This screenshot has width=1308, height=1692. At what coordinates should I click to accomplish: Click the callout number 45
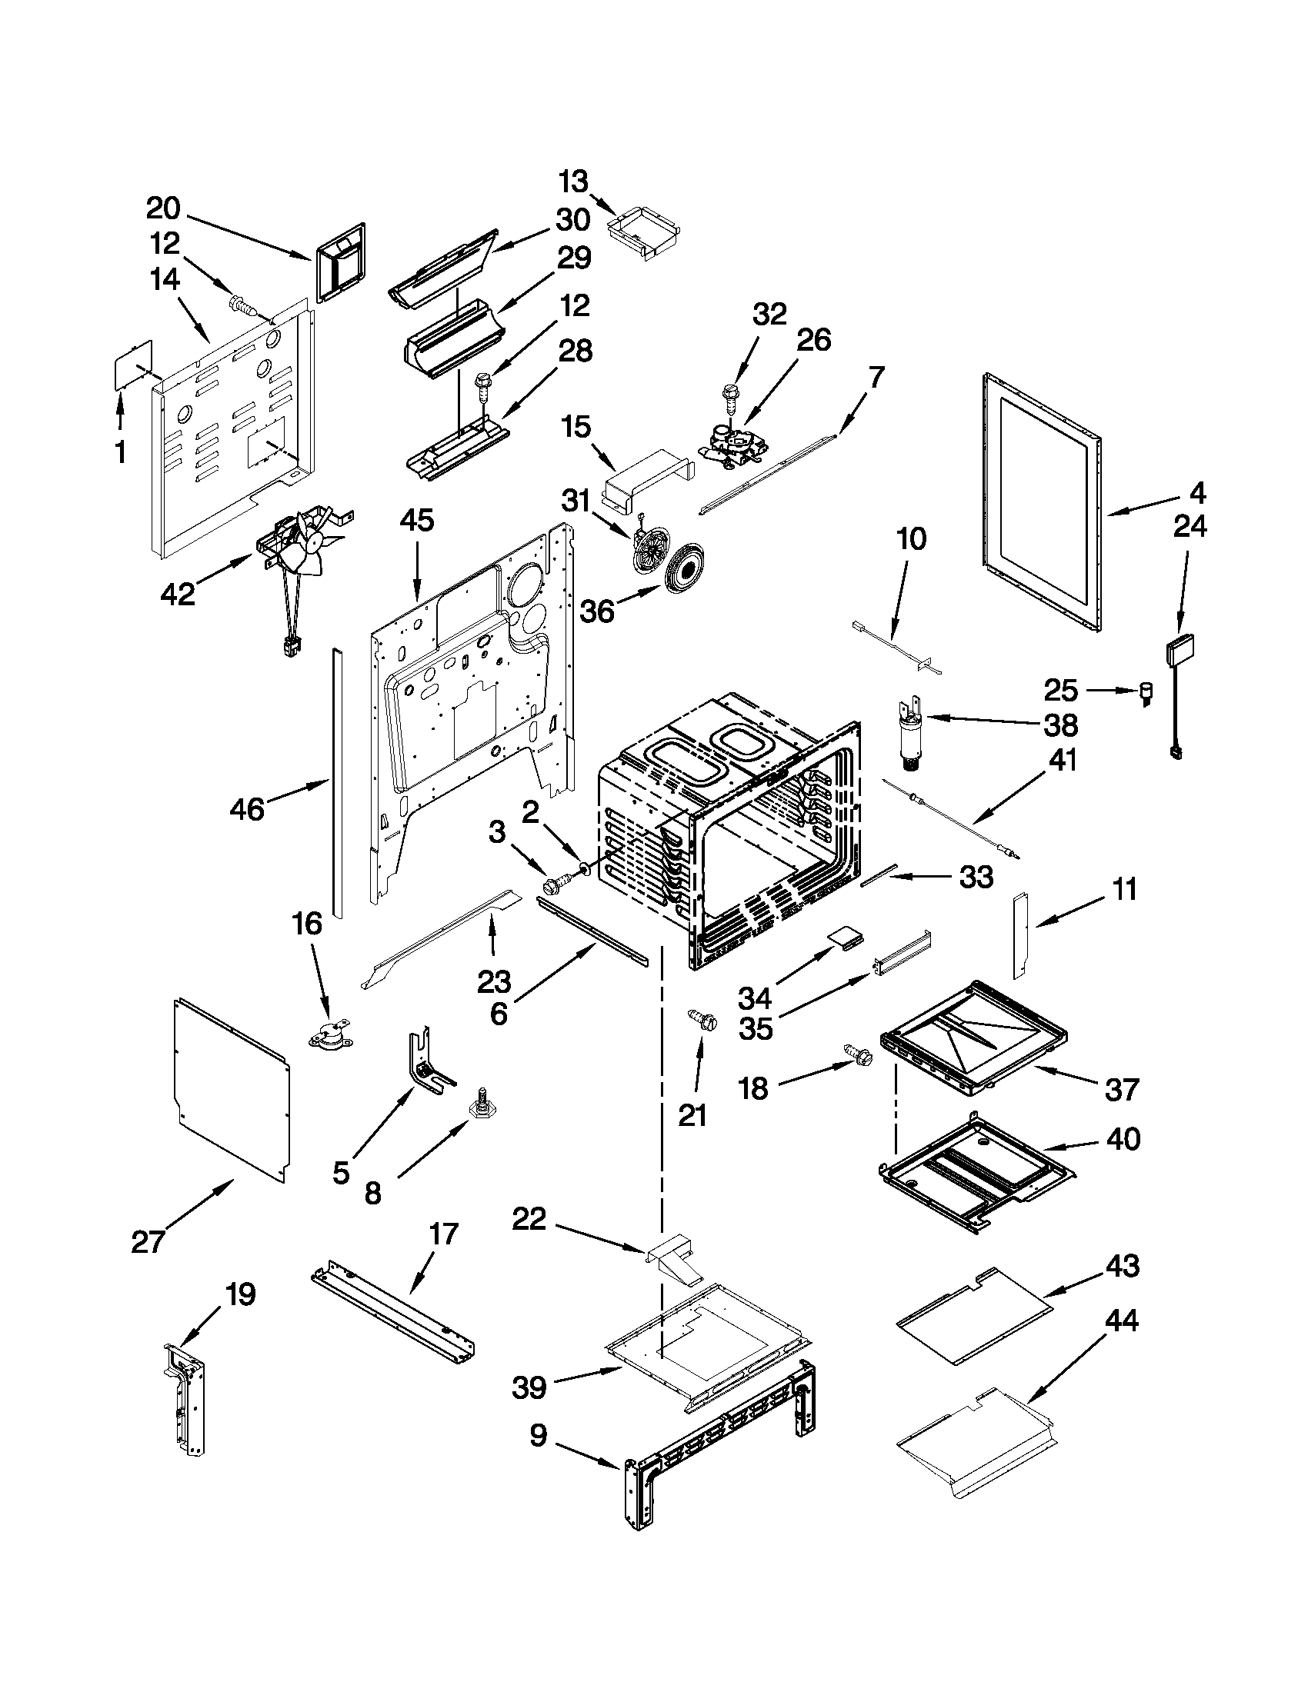416,521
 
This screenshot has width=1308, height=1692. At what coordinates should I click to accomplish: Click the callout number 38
1061,725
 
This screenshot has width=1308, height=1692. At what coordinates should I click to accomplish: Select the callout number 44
1121,1320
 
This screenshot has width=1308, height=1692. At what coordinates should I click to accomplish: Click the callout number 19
240,1294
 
